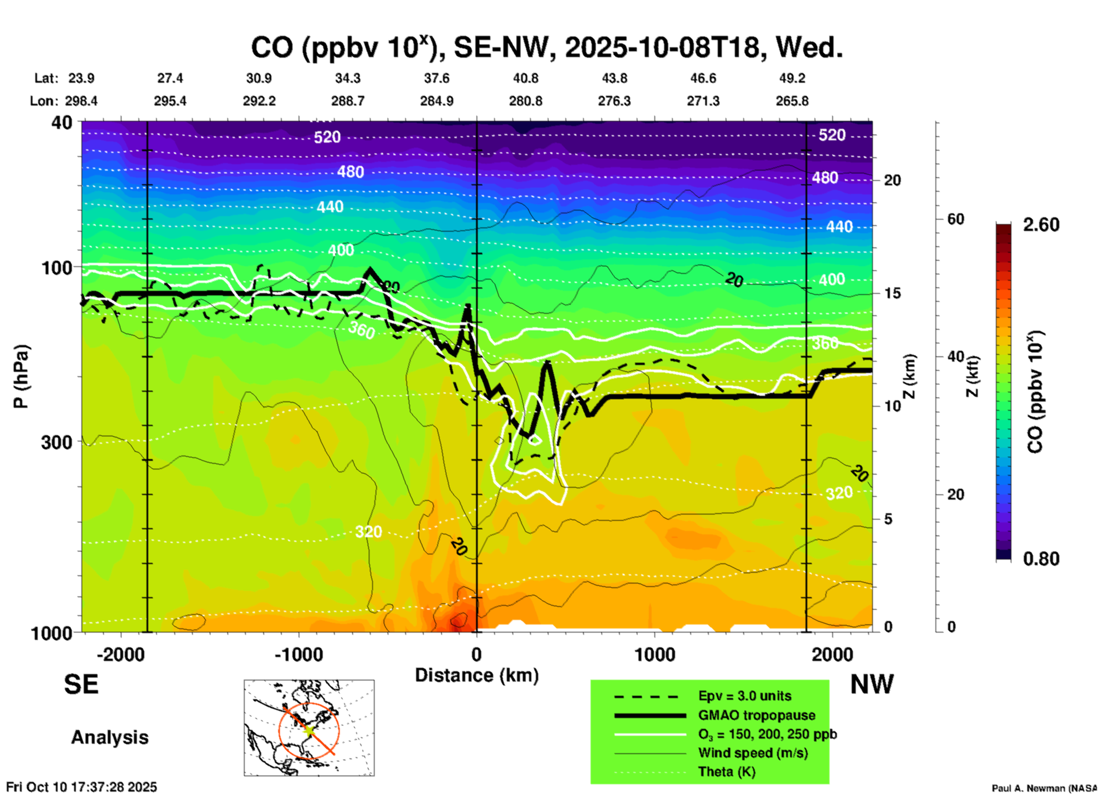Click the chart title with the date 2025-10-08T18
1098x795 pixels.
[547, 48]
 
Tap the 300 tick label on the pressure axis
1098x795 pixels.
[57, 442]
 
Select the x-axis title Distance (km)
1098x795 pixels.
[477, 675]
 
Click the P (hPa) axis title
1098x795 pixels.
[21, 376]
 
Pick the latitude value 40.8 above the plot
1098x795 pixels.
[525, 78]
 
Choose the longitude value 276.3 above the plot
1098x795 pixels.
[614, 101]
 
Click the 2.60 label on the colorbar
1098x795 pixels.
[1041, 225]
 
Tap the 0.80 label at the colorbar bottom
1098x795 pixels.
[1041, 558]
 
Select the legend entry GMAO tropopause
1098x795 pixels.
[757, 715]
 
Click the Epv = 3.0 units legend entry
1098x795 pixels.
[745, 696]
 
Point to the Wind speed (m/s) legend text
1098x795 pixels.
[753, 753]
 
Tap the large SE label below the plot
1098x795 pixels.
[81, 684]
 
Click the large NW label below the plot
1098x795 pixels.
[872, 684]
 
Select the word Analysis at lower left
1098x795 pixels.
[109, 737]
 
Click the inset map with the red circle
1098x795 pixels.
[309, 728]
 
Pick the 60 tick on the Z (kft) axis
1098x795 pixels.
[955, 219]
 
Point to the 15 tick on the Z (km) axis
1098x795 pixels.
[892, 293]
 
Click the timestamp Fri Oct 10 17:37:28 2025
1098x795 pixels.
[82, 787]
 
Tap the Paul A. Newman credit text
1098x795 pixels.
[1044, 788]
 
